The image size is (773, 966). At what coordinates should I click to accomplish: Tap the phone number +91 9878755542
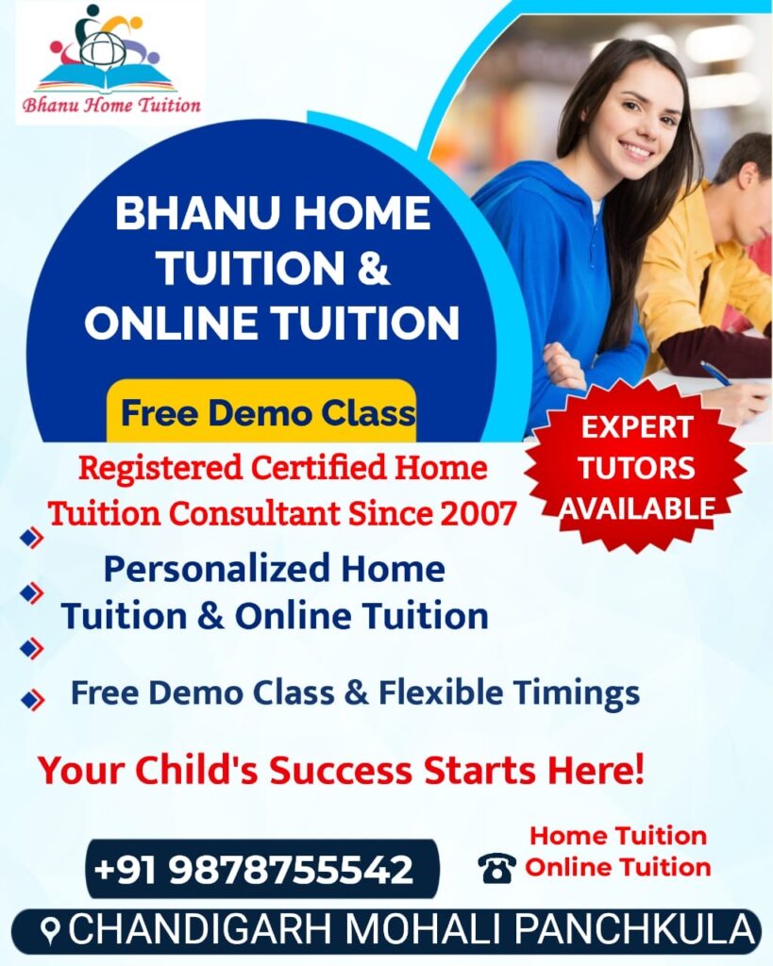pos(253,869)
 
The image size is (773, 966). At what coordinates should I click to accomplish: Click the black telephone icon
pos(496,868)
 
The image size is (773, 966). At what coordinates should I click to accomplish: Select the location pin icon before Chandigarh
pos(53,930)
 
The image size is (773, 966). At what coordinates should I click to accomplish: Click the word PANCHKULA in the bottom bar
pos(634,929)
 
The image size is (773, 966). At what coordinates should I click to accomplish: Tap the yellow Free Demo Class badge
pos(261,411)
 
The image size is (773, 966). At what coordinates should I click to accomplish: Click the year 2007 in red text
pos(478,513)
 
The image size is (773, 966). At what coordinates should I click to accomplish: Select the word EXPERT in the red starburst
pos(637,427)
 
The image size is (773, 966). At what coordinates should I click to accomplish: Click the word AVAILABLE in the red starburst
pos(637,508)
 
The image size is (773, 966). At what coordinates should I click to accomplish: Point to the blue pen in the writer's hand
pos(716,374)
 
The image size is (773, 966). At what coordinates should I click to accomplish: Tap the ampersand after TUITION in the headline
pos(373,268)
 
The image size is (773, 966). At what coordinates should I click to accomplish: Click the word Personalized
pos(216,570)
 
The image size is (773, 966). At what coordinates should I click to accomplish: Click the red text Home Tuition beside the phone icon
pos(618,836)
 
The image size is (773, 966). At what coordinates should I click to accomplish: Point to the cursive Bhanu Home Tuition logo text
pos(111,106)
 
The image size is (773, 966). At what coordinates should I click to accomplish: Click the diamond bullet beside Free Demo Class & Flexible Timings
pos(32,699)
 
